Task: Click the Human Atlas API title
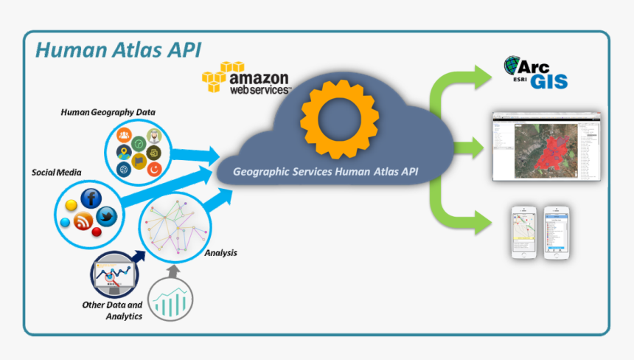pyautogui.click(x=118, y=50)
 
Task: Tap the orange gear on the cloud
pyautogui.click(x=338, y=120)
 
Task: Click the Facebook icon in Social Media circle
pyautogui.click(x=91, y=198)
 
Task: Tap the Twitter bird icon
pyautogui.click(x=108, y=217)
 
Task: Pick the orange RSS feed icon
pyautogui.click(x=83, y=220)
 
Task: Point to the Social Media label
pyautogui.click(x=56, y=172)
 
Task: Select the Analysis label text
pyautogui.click(x=220, y=253)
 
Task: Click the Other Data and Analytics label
pyautogui.click(x=113, y=310)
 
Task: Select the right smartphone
pyautogui.click(x=558, y=232)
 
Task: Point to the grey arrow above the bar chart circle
pyautogui.click(x=173, y=271)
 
